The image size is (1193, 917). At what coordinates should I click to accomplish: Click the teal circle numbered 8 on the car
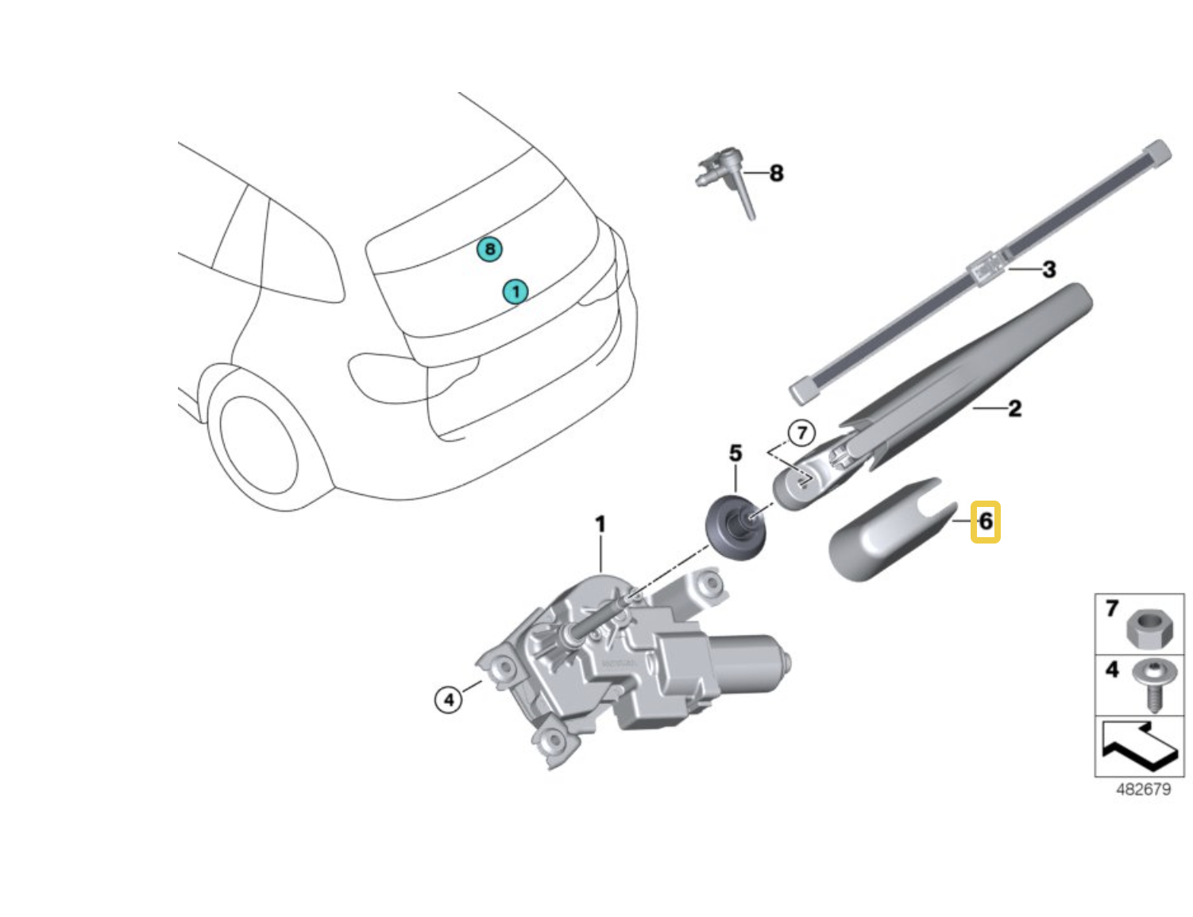490,250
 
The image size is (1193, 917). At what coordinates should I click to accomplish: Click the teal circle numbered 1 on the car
515,292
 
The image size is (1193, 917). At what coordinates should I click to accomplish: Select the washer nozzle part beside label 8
727,179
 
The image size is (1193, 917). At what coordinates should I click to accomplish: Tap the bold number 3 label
1048,269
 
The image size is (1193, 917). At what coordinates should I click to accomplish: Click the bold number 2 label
1014,409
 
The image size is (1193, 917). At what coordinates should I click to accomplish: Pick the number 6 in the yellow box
986,521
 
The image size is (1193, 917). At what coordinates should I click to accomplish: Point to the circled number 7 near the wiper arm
801,433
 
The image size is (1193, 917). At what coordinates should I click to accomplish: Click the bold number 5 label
735,454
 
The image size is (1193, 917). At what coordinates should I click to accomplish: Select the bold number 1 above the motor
600,524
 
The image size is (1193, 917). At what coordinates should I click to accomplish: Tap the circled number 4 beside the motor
449,699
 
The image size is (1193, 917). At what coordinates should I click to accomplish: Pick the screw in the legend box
1149,683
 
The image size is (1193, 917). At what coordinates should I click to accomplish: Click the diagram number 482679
1143,789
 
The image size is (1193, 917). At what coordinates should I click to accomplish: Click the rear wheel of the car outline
257,448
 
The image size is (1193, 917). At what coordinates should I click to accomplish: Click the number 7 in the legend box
1112,609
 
